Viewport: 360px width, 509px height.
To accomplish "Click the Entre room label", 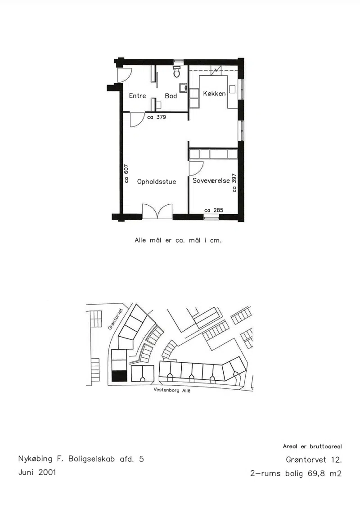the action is click(x=137, y=96).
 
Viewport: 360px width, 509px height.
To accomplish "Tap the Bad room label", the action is click(x=171, y=96).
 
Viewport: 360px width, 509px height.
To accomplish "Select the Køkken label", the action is click(x=214, y=94).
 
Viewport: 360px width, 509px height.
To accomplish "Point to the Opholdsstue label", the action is click(x=157, y=182).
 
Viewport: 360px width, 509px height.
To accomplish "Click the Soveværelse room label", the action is click(x=211, y=180).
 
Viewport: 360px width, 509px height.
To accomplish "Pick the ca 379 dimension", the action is click(x=157, y=117).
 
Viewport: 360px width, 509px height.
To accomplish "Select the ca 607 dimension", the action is click(x=126, y=174).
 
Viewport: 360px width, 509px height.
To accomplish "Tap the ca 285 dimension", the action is click(x=214, y=210).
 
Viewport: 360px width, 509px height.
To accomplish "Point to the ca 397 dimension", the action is click(x=234, y=183).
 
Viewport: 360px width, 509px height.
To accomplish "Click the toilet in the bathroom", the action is click(x=176, y=72).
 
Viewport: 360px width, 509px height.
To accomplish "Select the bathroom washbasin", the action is click(x=183, y=88).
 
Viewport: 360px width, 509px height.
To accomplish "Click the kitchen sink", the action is click(x=232, y=89).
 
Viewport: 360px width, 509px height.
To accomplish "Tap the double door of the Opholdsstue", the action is click(x=157, y=212).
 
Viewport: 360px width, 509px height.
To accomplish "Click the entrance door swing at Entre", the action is click(x=124, y=75).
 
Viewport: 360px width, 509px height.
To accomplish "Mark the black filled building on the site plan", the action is click(x=119, y=376).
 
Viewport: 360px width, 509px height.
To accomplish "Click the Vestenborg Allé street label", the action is click(x=172, y=390).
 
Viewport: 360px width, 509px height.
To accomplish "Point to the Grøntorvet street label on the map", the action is click(x=115, y=319).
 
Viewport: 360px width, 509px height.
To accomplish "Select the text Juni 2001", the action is click(x=37, y=472).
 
